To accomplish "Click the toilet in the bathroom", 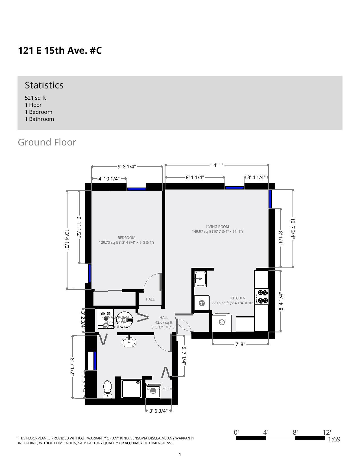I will click(108, 389).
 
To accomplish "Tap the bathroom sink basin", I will click(129, 342).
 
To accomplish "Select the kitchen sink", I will click(200, 278).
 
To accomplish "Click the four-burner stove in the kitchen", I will click(262, 296).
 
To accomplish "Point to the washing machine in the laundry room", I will click(153, 391).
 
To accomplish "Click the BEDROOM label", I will click(126, 238).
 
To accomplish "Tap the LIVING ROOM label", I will click(217, 227).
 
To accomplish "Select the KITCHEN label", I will click(238, 298).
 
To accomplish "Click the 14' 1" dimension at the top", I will click(217, 165).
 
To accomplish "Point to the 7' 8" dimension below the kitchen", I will click(240, 344).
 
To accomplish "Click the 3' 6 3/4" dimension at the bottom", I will click(158, 411).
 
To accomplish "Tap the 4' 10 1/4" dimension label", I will click(109, 179).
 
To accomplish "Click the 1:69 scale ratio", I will click(334, 439).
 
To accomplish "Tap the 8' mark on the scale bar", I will click(295, 432).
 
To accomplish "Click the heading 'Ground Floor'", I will click(47, 142).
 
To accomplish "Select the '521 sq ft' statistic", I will click(35, 98).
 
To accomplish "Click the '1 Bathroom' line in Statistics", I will click(39, 119).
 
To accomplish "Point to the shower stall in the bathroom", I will click(131, 389).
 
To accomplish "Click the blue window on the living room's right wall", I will click(270, 199).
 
